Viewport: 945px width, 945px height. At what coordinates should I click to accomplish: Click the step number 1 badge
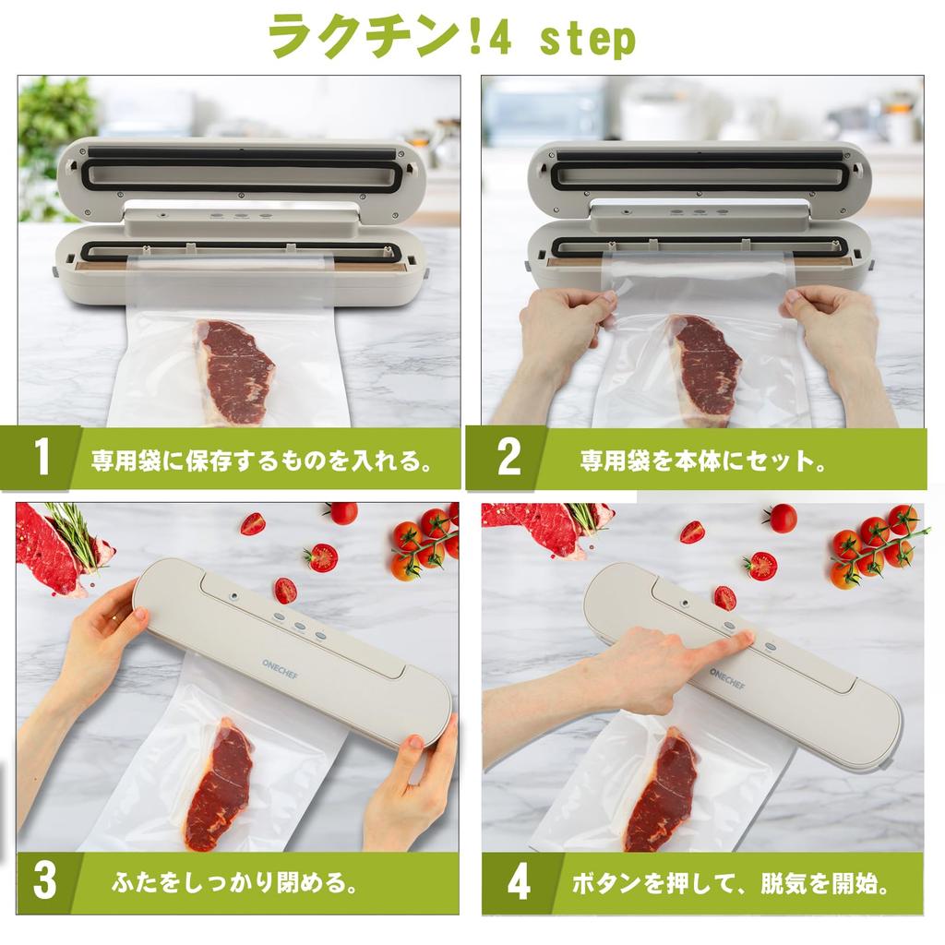tap(42, 459)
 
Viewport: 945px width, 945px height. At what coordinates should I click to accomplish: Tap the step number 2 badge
tap(508, 459)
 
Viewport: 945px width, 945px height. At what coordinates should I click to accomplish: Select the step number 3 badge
tap(44, 881)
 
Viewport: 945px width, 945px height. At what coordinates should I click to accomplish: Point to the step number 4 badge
tap(519, 882)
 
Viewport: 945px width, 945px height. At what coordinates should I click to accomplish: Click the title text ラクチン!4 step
tap(451, 38)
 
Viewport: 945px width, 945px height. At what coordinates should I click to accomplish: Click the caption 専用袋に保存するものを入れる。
tap(262, 460)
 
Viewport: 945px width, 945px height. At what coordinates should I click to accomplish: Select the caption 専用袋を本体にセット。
tap(702, 460)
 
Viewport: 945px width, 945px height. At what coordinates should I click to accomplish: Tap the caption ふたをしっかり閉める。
tap(235, 882)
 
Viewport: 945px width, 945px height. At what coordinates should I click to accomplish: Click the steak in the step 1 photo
tap(236, 369)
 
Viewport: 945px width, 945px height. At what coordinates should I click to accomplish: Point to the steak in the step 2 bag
tap(706, 367)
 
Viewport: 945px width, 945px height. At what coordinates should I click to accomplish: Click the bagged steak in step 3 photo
tap(219, 784)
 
